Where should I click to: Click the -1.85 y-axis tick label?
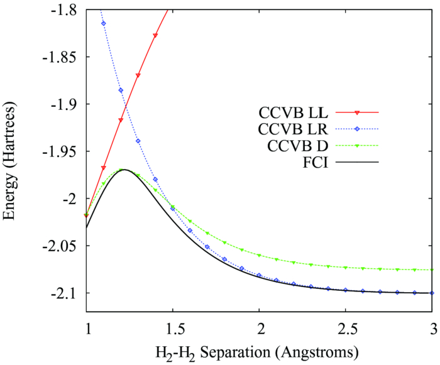[x=65, y=57]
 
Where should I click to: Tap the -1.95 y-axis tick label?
[x=65, y=151]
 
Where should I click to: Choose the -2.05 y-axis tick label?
[x=65, y=246]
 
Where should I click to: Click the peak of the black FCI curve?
[x=124, y=170]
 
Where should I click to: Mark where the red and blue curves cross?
[x=126, y=105]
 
